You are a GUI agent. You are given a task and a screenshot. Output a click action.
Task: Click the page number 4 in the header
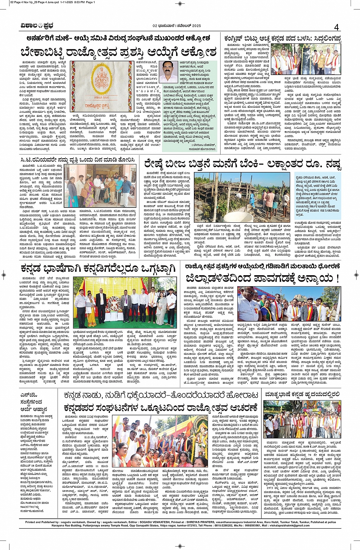click(336, 27)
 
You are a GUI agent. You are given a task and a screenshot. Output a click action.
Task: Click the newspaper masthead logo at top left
click(37, 26)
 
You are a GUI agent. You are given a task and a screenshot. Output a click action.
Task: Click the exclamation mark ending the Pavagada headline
click(337, 279)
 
